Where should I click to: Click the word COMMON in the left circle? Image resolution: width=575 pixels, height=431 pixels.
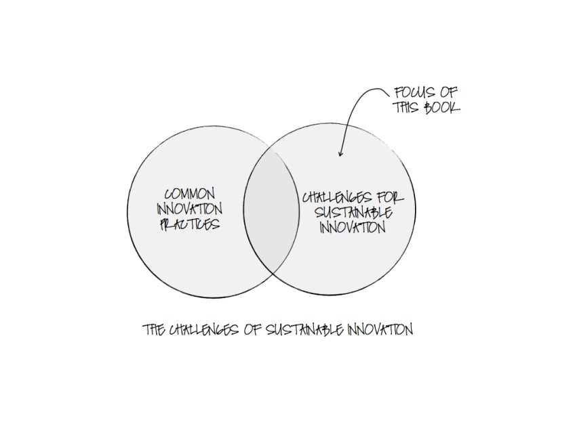[190, 194]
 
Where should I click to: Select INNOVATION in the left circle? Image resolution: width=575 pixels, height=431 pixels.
[189, 209]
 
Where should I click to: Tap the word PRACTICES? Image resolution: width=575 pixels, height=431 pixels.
[190, 224]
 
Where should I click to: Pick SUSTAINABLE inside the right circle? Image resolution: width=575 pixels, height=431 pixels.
[353, 213]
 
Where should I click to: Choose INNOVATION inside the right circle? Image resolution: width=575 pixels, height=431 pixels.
[353, 228]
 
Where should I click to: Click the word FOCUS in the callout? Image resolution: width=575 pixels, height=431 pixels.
[415, 92]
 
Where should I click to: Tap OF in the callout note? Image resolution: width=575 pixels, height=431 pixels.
[449, 92]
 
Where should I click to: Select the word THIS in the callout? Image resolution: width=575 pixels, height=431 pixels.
[406, 107]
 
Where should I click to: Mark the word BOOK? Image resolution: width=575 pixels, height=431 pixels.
[442, 107]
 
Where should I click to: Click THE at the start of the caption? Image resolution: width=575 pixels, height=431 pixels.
[154, 330]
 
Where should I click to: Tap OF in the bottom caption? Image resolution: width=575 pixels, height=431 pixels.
[252, 330]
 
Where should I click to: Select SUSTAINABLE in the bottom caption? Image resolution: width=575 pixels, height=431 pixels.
[304, 330]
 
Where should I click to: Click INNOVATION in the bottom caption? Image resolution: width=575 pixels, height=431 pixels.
[380, 330]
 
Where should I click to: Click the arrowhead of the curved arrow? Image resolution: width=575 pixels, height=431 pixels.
[340, 154]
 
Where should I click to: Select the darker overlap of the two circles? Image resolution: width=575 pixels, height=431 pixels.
[271, 211]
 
